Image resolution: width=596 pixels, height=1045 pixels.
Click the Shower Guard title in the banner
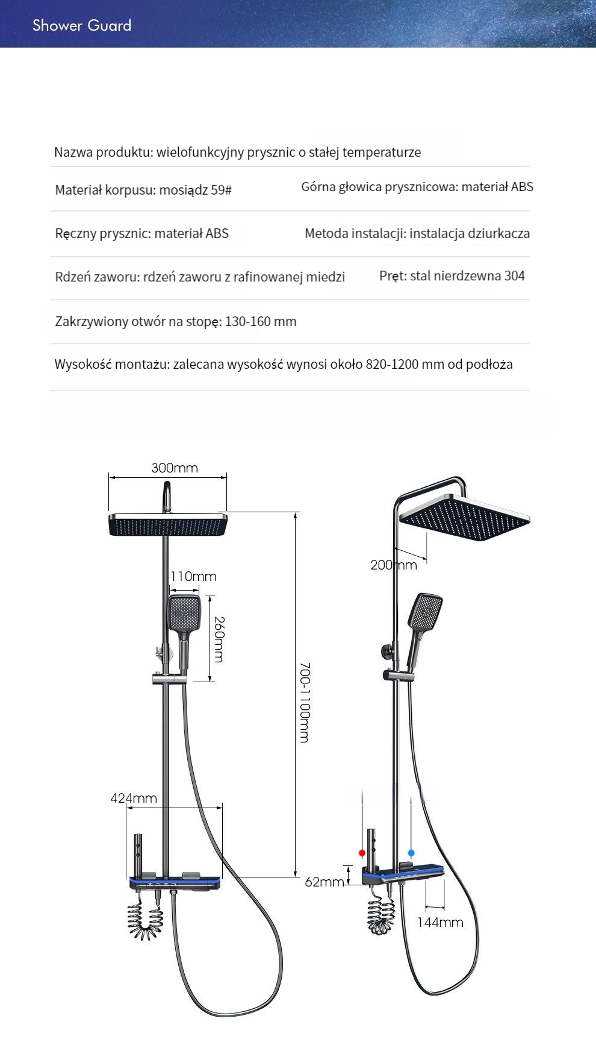pos(82,25)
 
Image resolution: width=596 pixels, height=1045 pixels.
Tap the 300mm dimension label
pos(175,468)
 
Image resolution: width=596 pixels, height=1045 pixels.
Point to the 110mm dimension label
pos(193,576)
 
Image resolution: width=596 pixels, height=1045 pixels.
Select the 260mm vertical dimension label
pos(219,639)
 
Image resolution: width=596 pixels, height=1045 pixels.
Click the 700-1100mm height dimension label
pos(305,703)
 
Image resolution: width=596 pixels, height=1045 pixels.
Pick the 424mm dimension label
pos(134,798)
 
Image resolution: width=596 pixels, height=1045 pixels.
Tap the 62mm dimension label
pos(324,882)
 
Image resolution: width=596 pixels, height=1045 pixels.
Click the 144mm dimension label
pos(440,922)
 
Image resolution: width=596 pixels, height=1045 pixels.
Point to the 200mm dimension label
pos(394,565)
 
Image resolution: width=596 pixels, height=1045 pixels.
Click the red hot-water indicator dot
pos(362,853)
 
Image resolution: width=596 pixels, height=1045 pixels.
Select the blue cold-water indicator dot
pos(411,853)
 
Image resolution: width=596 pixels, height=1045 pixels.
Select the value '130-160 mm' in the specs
pos(261,321)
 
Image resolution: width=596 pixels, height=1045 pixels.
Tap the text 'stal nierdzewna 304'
pos(467,276)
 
